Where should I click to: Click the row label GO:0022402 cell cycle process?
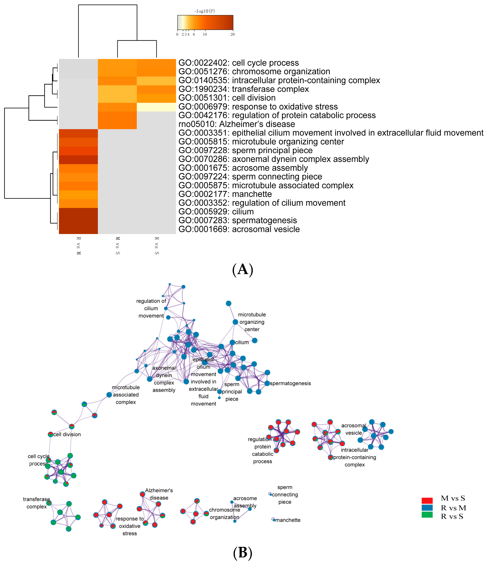[x=238, y=63]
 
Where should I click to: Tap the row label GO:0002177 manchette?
[x=225, y=194]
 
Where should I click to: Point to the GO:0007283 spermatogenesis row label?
[x=237, y=220]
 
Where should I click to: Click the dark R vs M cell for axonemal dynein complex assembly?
[x=78, y=160]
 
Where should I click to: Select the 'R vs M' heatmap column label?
[x=79, y=246]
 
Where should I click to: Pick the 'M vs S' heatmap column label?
[x=118, y=246]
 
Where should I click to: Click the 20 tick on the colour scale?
[x=232, y=34]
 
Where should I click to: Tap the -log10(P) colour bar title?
[x=205, y=11]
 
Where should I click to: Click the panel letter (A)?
[x=242, y=270]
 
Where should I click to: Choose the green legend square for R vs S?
[x=427, y=515]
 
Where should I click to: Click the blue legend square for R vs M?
[x=427, y=508]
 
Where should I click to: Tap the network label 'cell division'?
[x=67, y=434]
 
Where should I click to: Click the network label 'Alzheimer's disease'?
[x=159, y=494]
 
